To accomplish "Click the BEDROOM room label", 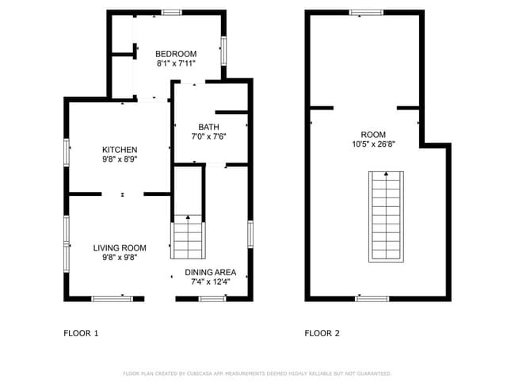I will click(176, 54).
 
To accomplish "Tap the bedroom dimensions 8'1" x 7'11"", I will click(176, 63).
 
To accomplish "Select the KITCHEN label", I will click(120, 150).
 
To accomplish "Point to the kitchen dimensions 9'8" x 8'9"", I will click(120, 159).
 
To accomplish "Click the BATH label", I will click(209, 127).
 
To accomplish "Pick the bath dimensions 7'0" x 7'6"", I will click(209, 136).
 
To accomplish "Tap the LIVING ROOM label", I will click(120, 247).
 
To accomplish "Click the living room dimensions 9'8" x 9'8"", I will click(120, 257).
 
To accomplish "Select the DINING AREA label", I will click(211, 272).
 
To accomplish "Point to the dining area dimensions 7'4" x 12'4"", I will click(211, 282).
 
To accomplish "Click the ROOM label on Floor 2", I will click(374, 134).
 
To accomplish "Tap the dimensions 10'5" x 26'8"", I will click(374, 144).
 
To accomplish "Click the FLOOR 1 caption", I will click(81, 333).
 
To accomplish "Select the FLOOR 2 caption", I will click(322, 333).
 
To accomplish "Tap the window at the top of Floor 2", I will click(366, 12).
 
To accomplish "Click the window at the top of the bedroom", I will click(170, 12).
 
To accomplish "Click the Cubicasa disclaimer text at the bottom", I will click(257, 373).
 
